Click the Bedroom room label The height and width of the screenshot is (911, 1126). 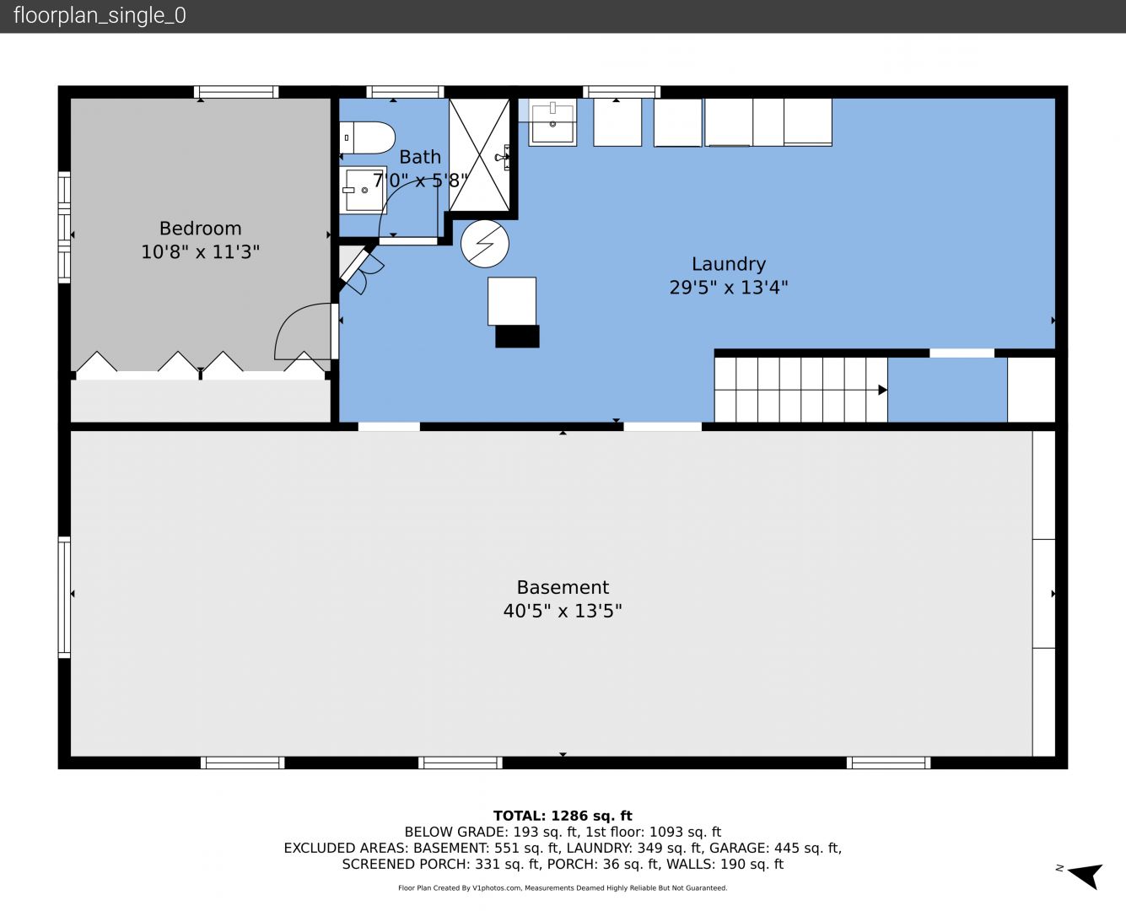[201, 229]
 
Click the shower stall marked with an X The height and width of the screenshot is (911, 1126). [479, 155]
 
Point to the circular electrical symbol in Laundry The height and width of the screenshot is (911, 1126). [485, 244]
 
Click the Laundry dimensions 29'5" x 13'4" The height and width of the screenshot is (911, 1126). [729, 288]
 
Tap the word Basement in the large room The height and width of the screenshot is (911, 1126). [563, 587]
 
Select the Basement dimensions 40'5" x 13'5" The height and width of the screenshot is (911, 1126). [563, 612]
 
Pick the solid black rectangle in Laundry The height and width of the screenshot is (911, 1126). [517, 337]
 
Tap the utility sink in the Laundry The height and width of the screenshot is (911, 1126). [552, 122]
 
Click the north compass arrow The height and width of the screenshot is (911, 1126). [1086, 876]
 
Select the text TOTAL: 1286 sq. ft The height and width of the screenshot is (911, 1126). [563, 816]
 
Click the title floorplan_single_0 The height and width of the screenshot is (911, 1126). [100, 15]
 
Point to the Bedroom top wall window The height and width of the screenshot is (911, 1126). [236, 92]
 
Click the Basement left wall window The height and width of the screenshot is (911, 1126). [64, 597]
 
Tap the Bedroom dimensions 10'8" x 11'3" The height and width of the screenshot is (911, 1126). [201, 251]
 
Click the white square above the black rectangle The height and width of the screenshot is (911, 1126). [512, 301]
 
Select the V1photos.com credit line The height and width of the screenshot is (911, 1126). [563, 888]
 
